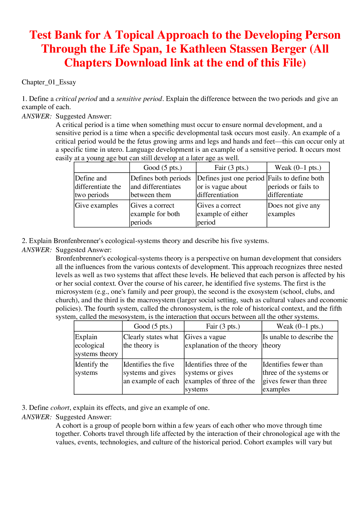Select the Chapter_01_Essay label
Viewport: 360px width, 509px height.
(49, 82)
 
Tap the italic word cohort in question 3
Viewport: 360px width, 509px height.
(60, 408)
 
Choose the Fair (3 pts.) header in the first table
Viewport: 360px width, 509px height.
(231, 168)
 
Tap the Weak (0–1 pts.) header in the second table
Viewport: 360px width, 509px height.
(300, 326)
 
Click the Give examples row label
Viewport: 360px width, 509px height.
(96, 206)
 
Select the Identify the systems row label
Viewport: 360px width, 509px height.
(92, 368)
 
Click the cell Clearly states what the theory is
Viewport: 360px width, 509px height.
(151, 341)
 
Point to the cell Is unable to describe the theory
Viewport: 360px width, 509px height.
(298, 341)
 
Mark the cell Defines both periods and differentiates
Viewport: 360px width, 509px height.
(161, 186)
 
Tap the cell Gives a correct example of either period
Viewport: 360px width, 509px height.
(222, 214)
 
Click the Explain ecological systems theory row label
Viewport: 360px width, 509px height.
(96, 345)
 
